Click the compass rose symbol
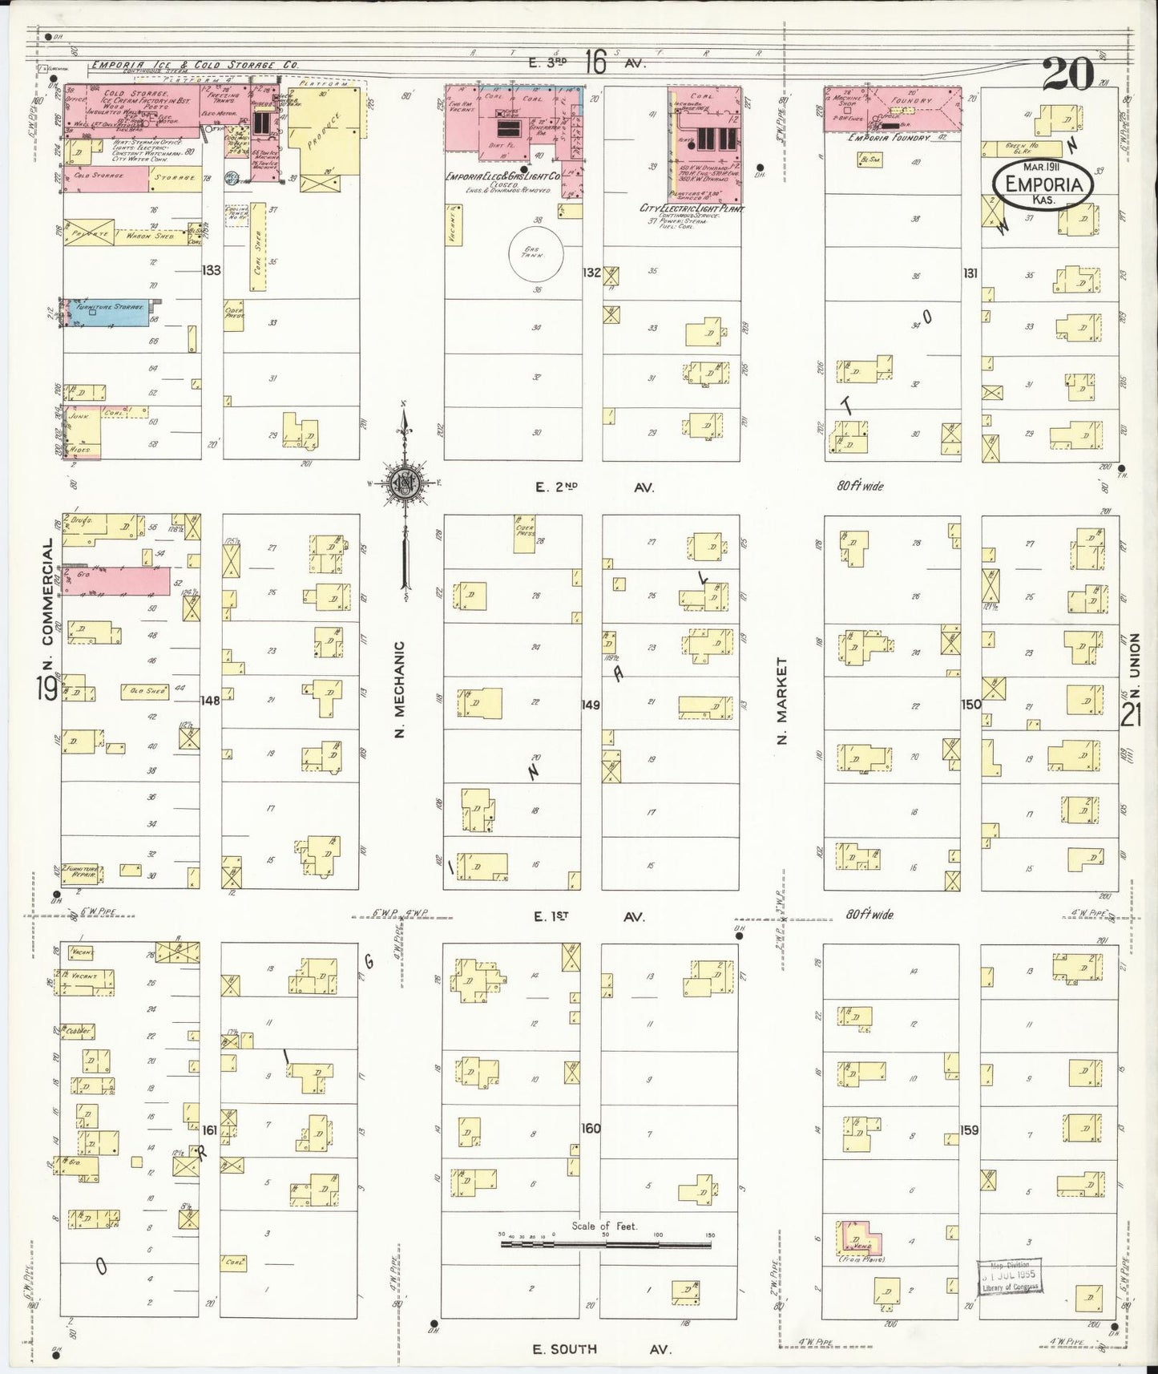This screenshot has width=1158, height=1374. (404, 482)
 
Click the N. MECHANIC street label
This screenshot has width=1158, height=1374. (401, 689)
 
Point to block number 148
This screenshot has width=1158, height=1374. (211, 701)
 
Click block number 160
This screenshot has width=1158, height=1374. (591, 1129)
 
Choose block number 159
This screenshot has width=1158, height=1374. (970, 1130)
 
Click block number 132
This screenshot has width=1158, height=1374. (591, 273)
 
